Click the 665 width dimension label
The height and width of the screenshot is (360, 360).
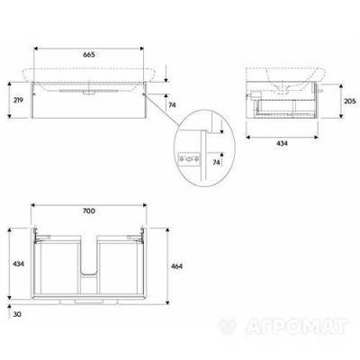(89, 55)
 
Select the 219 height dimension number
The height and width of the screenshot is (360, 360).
(18, 100)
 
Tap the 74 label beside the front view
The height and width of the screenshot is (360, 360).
(172, 105)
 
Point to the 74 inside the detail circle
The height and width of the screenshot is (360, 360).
(216, 162)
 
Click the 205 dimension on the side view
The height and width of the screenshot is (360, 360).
(350, 101)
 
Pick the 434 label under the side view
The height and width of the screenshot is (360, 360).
(282, 144)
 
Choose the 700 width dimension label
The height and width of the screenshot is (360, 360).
(89, 211)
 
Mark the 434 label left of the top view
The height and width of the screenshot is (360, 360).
(18, 264)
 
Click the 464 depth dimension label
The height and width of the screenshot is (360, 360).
(176, 266)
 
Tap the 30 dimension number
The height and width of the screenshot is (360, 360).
(17, 315)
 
